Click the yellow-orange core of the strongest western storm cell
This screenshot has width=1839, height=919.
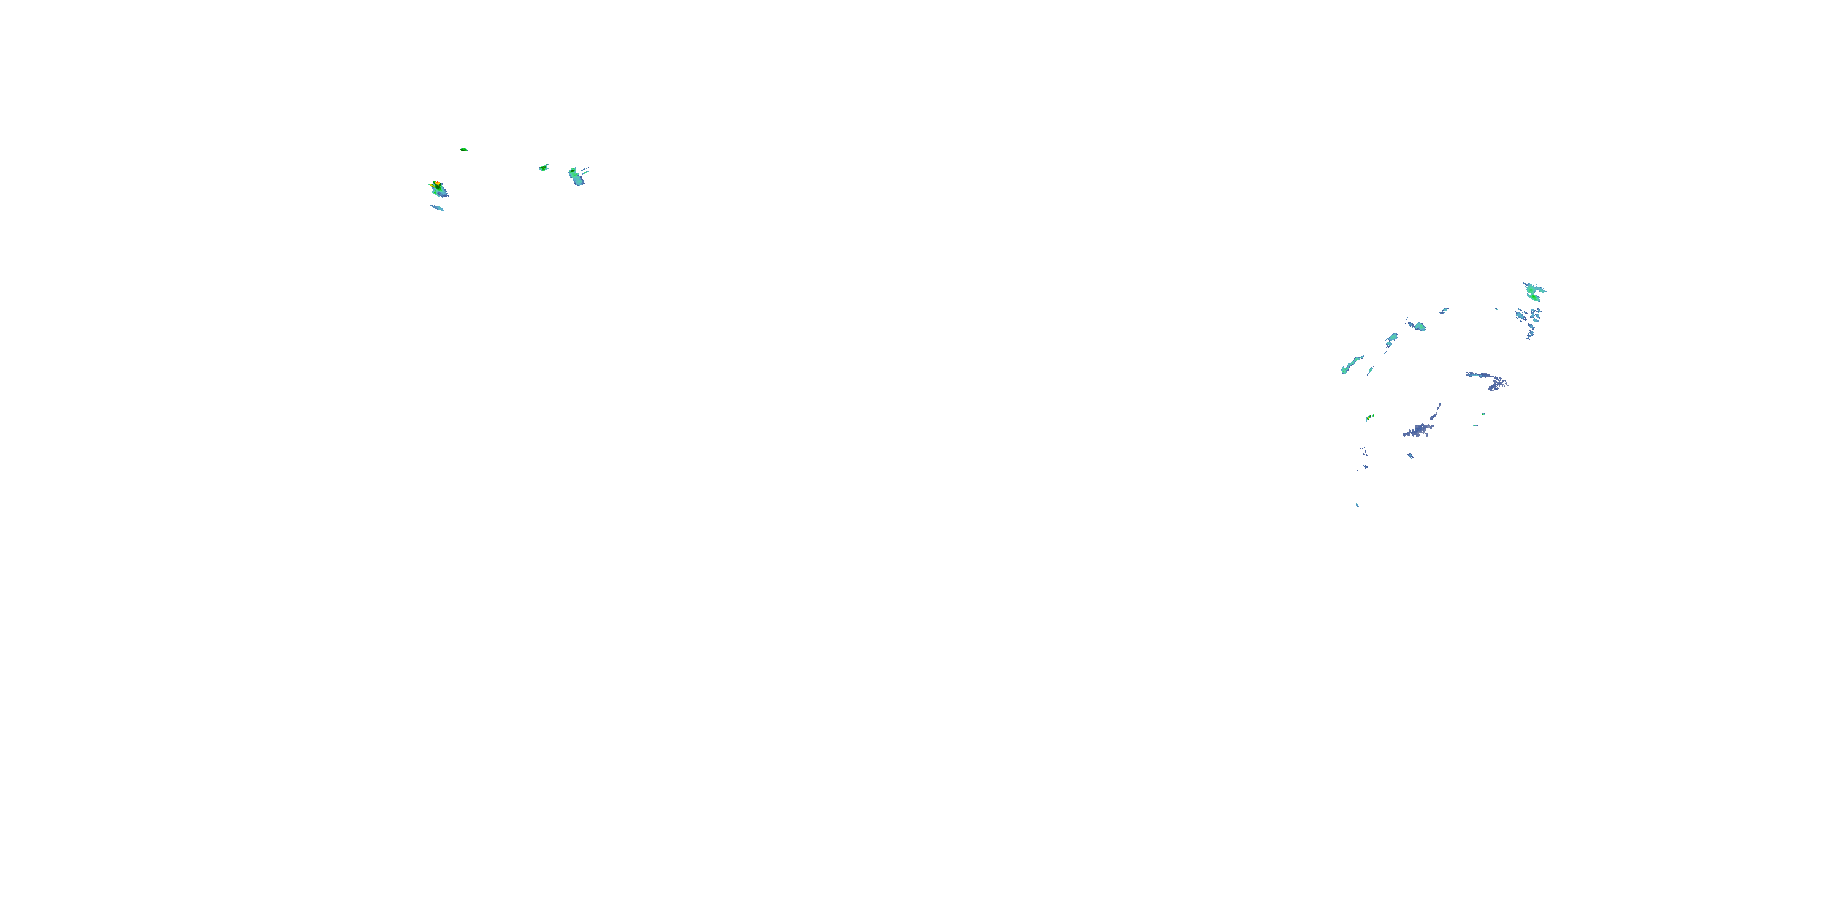point(435,184)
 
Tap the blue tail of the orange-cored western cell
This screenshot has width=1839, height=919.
point(442,192)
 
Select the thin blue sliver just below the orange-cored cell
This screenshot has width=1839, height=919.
point(437,208)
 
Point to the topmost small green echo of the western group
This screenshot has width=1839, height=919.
point(463,150)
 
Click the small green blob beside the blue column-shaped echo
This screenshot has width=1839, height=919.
point(543,168)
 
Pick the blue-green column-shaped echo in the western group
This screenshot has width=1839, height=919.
point(576,176)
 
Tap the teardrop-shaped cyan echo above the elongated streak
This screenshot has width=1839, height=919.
point(1392,337)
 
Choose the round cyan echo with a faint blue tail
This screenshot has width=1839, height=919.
point(1418,326)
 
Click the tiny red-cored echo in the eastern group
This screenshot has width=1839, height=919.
point(1369,417)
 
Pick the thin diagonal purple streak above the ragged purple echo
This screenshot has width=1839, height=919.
point(1435,413)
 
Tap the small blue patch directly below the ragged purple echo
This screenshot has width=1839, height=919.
point(1410,455)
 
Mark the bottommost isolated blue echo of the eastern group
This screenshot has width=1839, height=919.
point(1357,505)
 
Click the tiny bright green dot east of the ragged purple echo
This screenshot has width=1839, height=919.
point(1483,414)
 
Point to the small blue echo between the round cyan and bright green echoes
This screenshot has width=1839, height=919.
point(1444,311)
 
